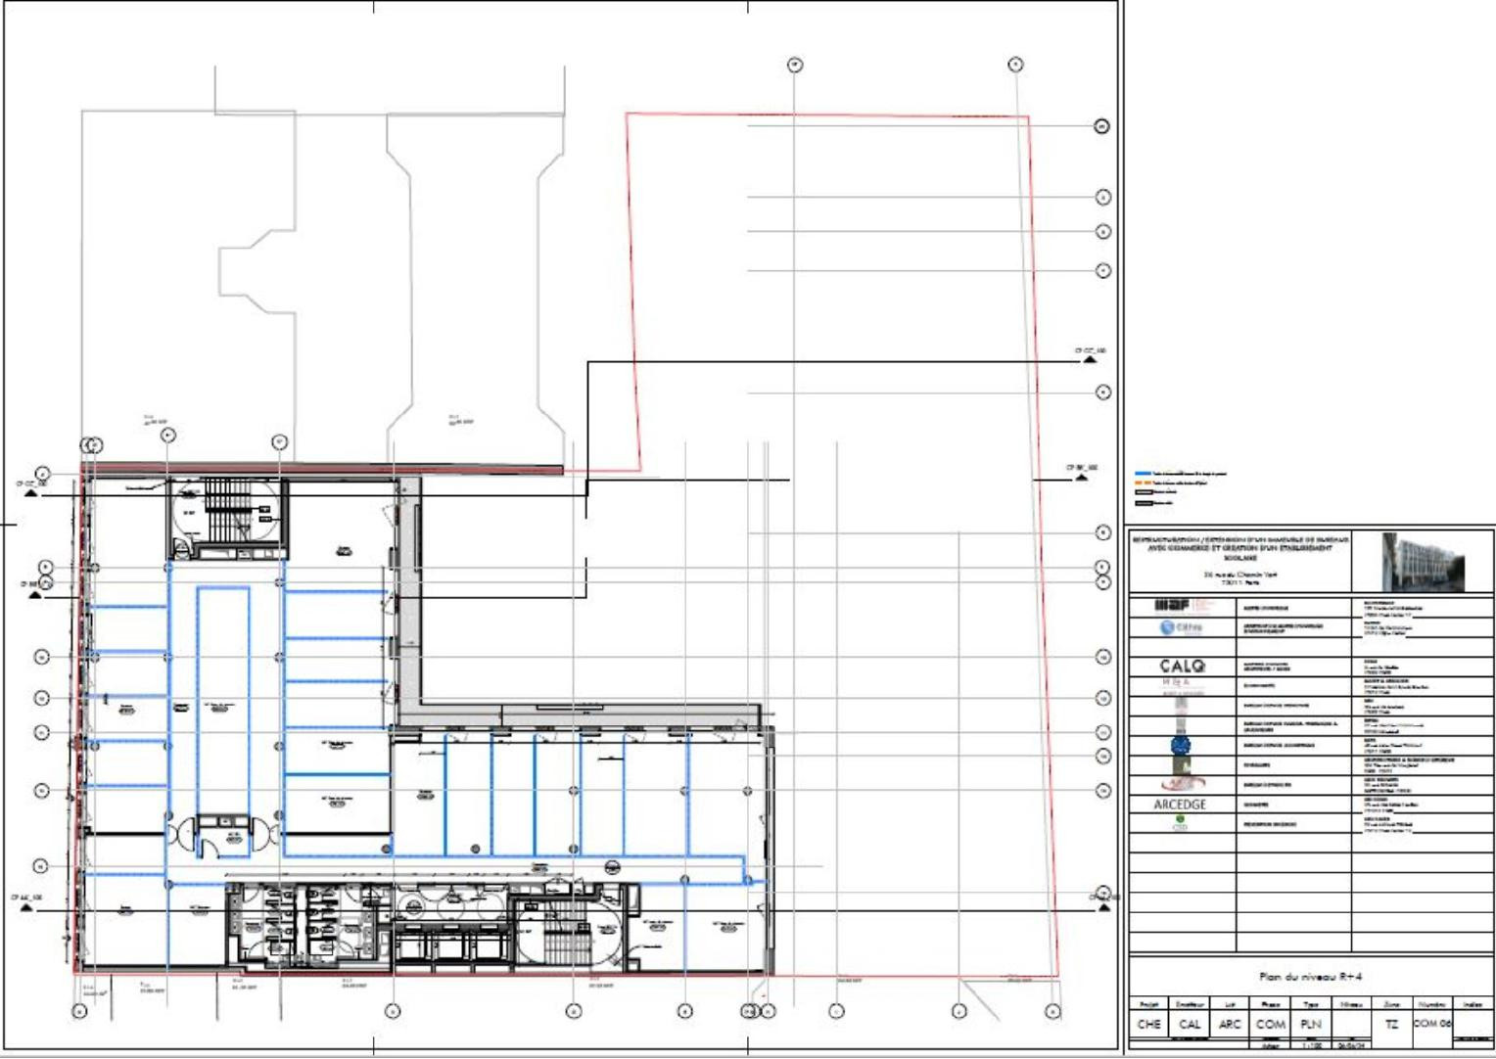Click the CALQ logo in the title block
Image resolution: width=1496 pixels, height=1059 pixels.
tap(1182, 666)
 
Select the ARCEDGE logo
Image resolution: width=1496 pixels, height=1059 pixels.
tap(1180, 805)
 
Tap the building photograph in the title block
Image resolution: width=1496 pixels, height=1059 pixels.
tap(1422, 561)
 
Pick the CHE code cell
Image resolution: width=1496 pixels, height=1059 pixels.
tap(1149, 1024)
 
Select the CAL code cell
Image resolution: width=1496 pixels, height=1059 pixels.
tap(1190, 1024)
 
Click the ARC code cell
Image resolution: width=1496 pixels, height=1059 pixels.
tap(1230, 1024)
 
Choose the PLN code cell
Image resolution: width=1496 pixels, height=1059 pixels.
tap(1311, 1024)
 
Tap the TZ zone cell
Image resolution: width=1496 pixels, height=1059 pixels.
tap(1391, 1024)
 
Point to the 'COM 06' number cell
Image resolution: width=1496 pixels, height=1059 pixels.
tap(1432, 1024)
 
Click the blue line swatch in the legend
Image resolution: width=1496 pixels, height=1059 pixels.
tap(1143, 474)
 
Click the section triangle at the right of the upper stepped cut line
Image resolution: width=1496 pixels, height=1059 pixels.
tap(1090, 359)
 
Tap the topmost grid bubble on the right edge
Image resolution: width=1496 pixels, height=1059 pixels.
tap(1101, 126)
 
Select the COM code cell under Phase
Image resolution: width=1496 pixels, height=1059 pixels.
tap(1270, 1024)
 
